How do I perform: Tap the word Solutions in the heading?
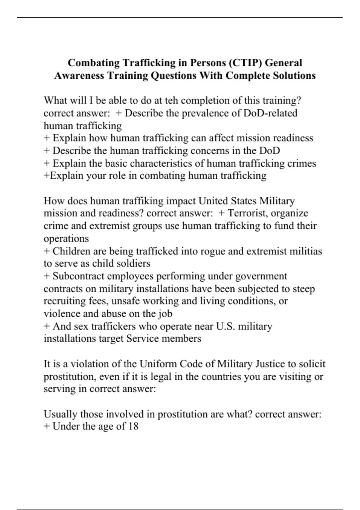(x=294, y=75)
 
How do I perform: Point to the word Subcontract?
(x=78, y=276)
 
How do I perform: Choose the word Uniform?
(x=158, y=364)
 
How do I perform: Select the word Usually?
(x=60, y=414)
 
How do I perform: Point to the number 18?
(x=133, y=426)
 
